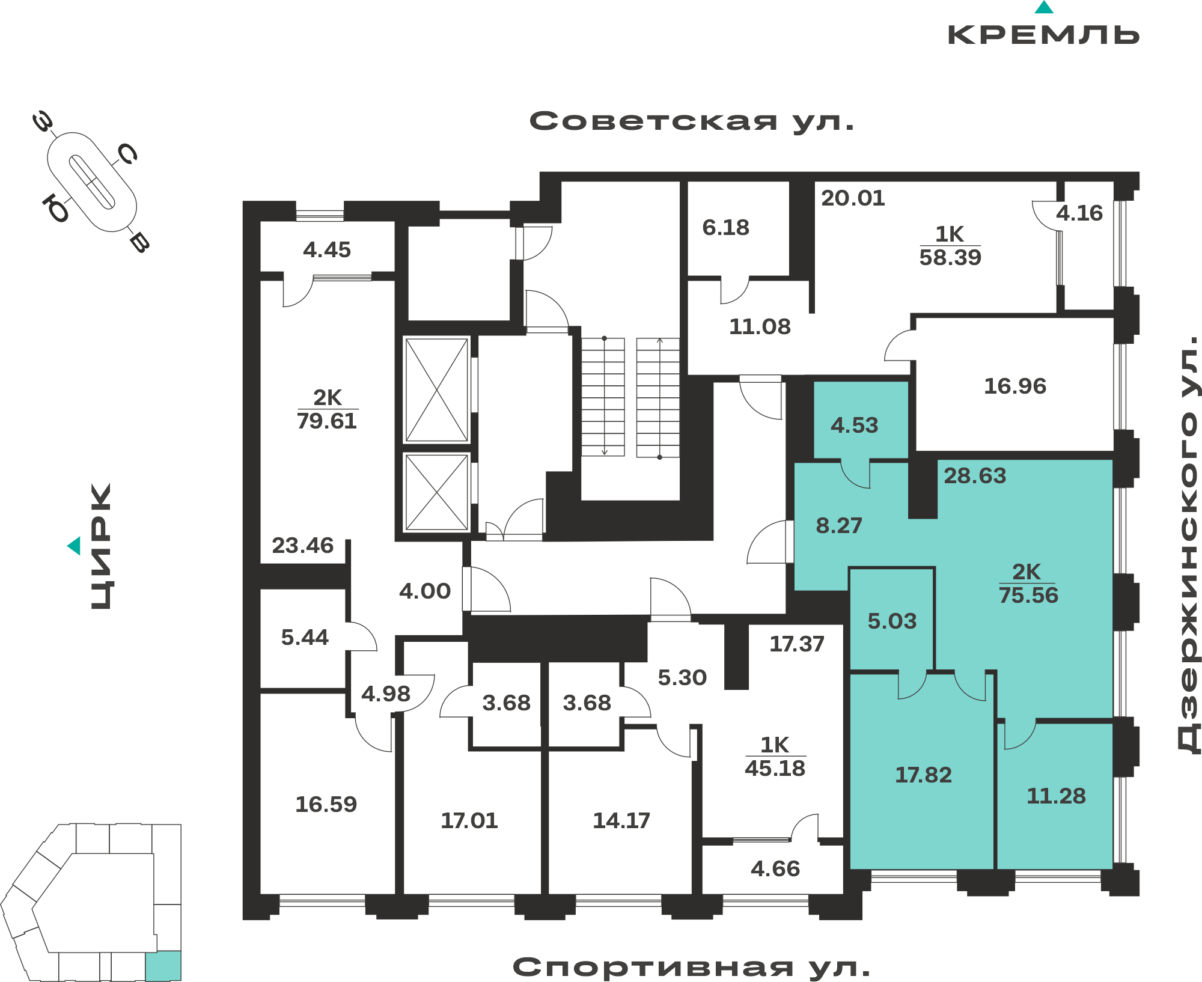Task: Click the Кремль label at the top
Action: click(1043, 35)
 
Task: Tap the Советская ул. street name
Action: click(692, 121)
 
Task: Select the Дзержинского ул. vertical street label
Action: click(1188, 544)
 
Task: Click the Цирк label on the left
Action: click(101, 546)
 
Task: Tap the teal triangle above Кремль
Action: click(1044, 7)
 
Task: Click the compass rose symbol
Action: click(91, 181)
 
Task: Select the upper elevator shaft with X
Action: click(437, 390)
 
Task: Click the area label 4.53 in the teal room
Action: click(854, 425)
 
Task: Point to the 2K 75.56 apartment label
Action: click(1028, 584)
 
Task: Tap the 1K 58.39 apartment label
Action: click(950, 246)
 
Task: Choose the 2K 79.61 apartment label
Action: click(327, 409)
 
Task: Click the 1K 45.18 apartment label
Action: click(775, 757)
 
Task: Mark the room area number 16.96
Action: click(1015, 386)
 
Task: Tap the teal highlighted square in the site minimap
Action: click(163, 966)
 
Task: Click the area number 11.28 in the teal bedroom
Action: click(1057, 796)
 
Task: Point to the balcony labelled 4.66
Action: click(775, 868)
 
